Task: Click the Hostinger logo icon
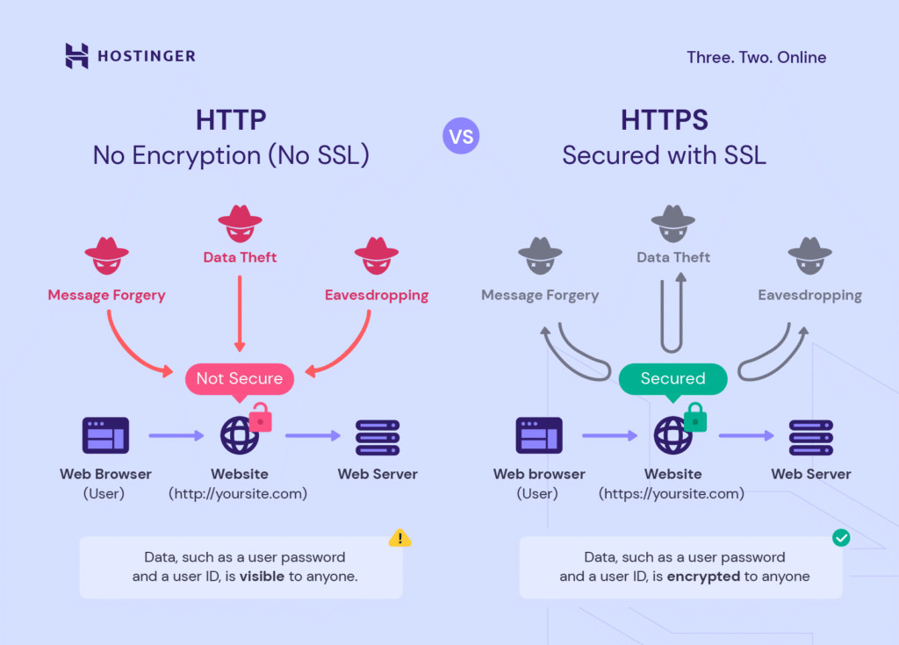click(x=77, y=56)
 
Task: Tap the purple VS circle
click(x=461, y=136)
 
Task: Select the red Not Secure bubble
click(x=239, y=378)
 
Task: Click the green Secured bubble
click(x=673, y=378)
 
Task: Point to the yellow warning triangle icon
click(x=400, y=538)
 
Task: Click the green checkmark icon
click(x=841, y=538)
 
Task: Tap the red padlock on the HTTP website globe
click(x=261, y=419)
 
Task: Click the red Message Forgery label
click(x=106, y=295)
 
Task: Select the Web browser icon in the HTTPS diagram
click(x=539, y=435)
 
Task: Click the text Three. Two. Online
click(x=756, y=58)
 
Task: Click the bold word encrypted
click(x=702, y=577)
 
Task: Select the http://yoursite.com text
click(x=238, y=493)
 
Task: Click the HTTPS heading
click(x=665, y=119)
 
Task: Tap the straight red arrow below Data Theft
click(x=240, y=312)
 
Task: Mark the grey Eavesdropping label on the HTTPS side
click(x=809, y=296)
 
